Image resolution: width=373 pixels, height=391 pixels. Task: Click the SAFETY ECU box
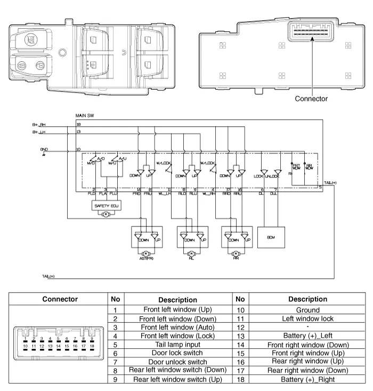105,205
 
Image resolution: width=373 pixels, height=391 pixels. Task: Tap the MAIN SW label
85,115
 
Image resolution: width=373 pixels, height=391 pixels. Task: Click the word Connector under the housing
311,99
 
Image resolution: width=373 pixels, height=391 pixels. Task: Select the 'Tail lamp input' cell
171,345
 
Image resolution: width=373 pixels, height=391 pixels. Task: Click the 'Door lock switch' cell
171,353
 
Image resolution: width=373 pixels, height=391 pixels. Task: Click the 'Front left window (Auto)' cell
171,327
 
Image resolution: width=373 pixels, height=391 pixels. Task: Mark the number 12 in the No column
240,327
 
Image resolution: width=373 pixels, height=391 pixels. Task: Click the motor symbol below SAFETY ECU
105,214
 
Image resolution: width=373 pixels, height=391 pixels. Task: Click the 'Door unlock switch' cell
171,362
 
